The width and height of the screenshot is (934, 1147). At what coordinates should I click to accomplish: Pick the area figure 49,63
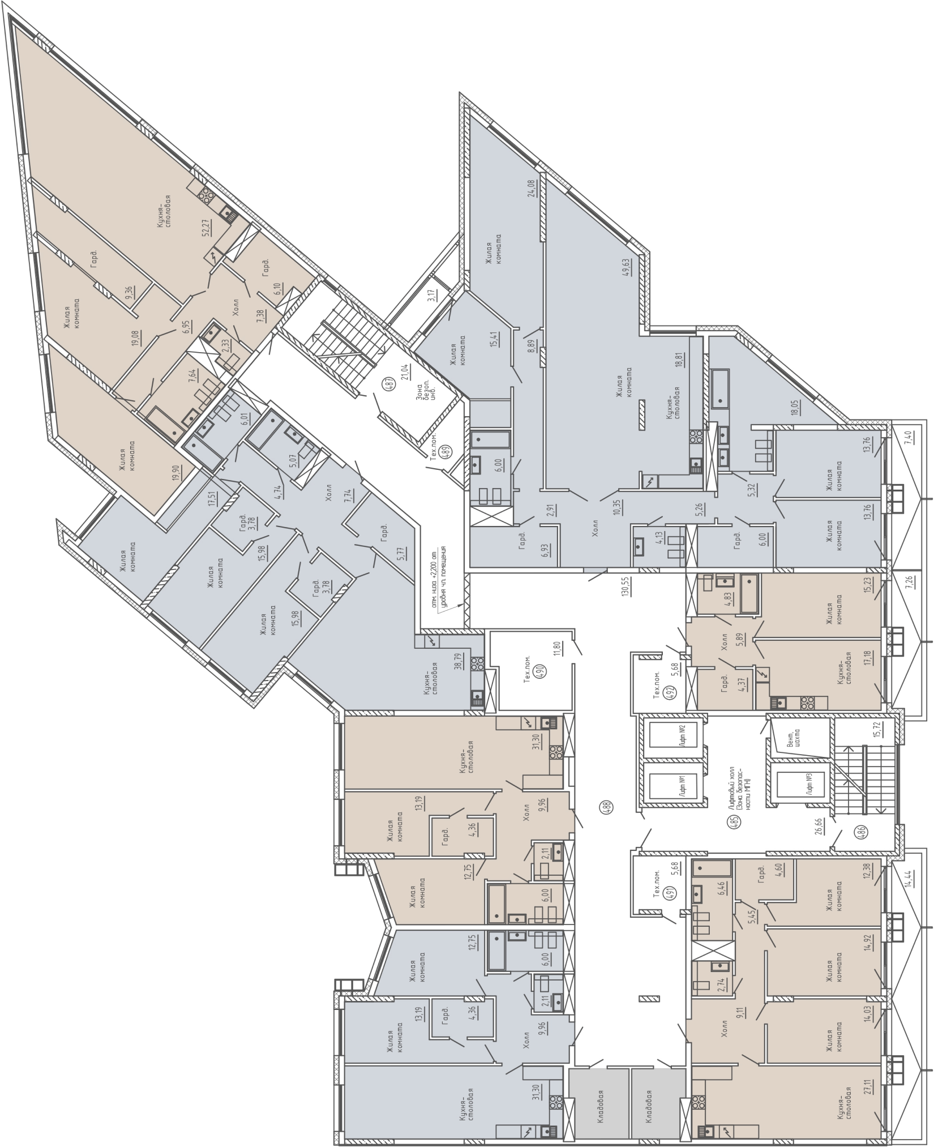(641, 267)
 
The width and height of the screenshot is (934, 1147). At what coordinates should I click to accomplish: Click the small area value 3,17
(431, 296)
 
